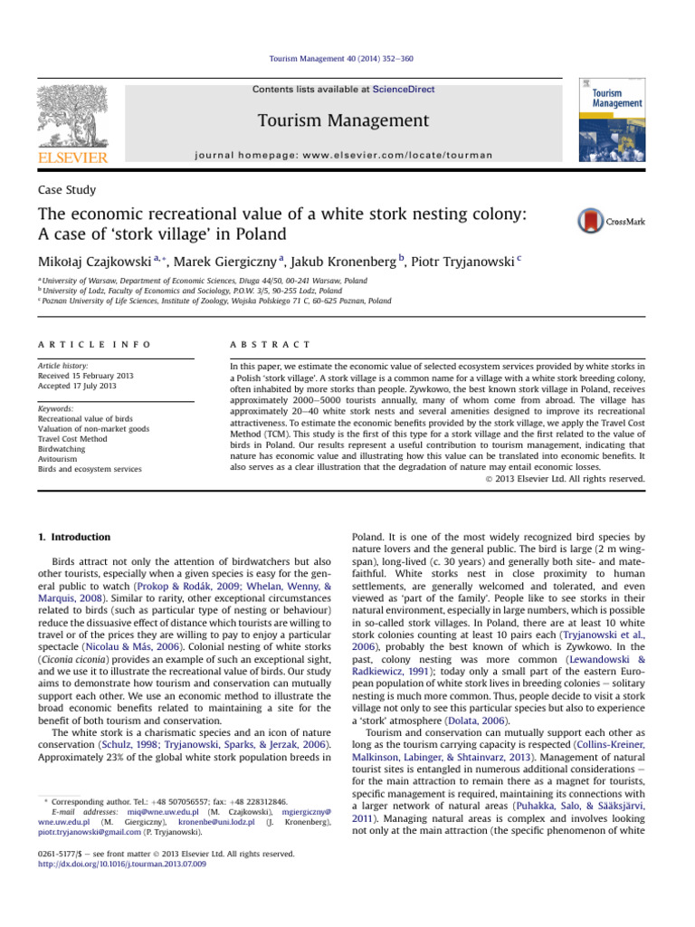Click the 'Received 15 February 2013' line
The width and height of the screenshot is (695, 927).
[x=88, y=374]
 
